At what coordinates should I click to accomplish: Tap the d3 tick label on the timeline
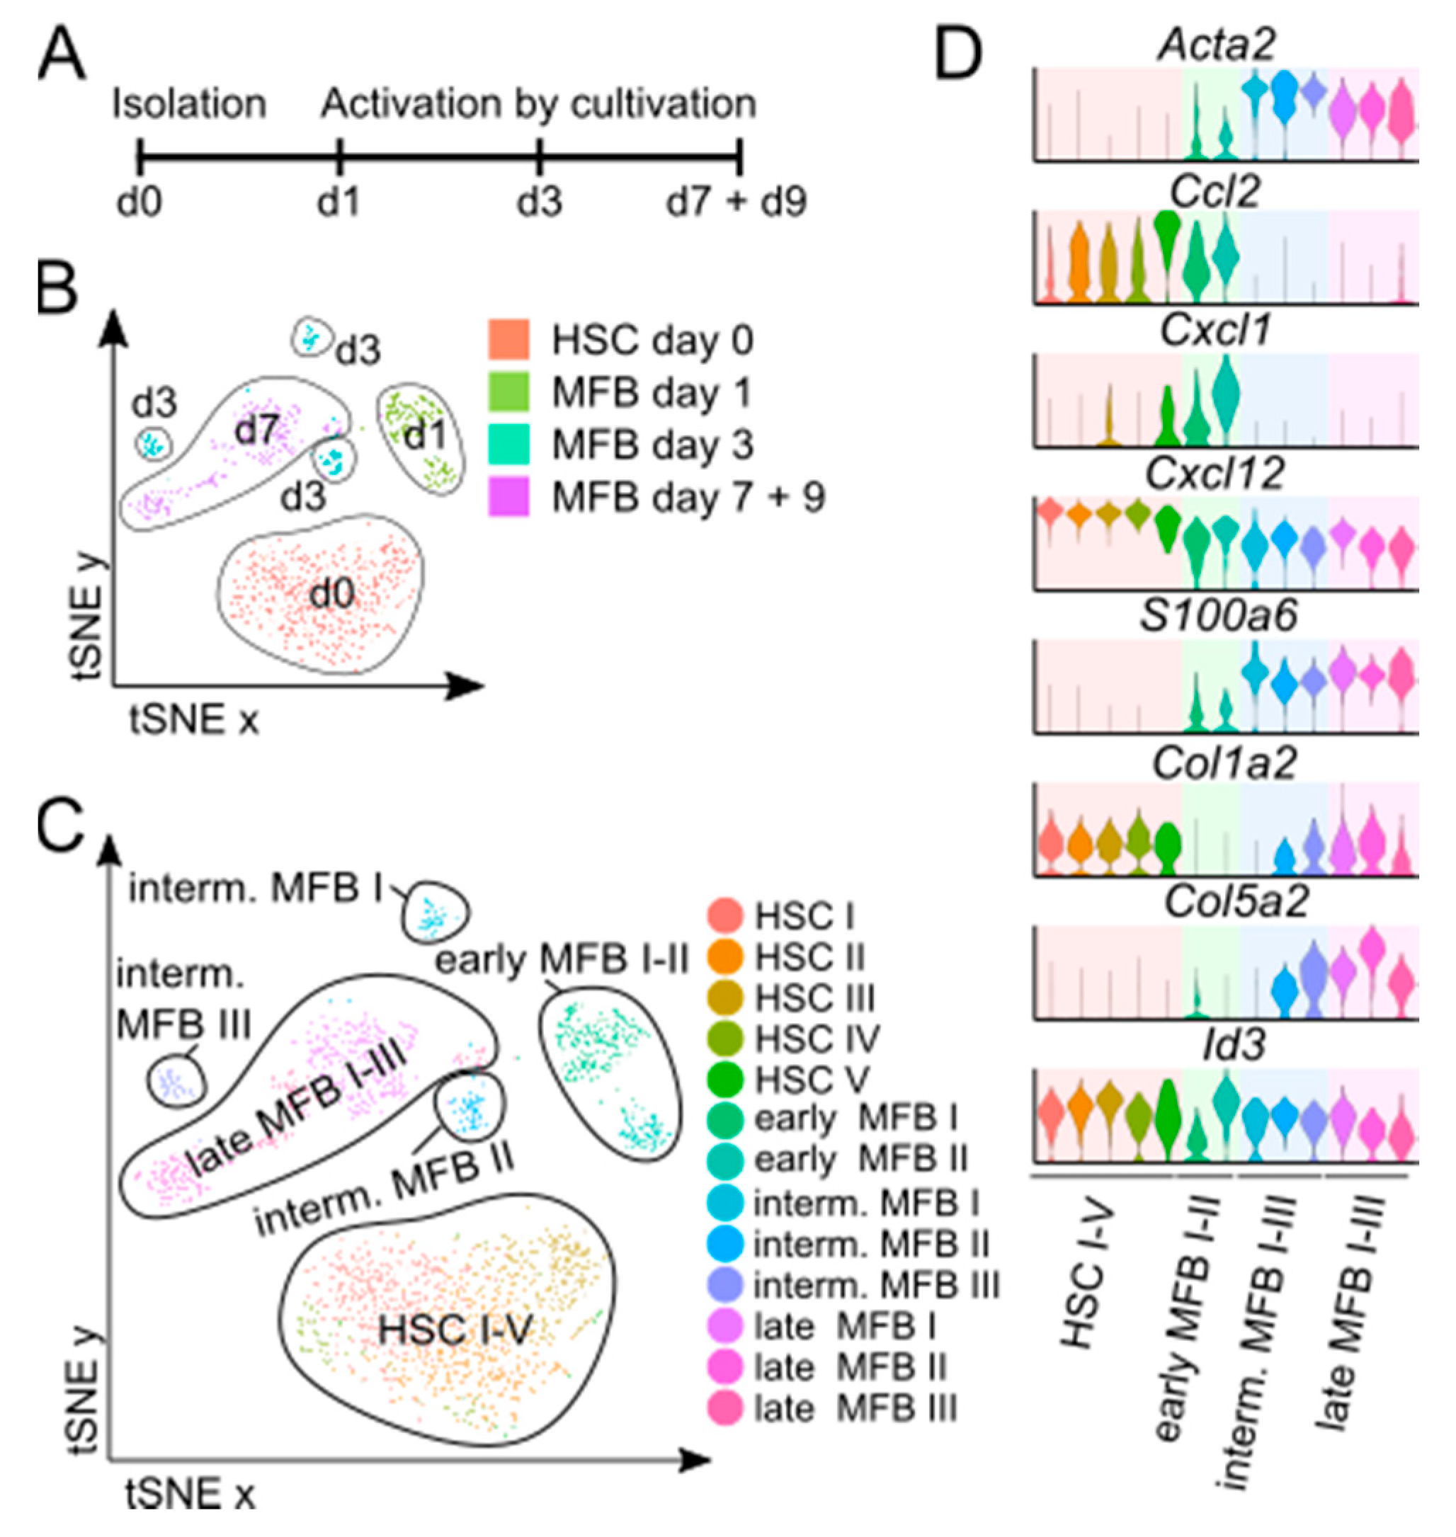pyautogui.click(x=540, y=202)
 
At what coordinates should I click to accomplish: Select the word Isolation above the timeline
pyautogui.click(x=189, y=104)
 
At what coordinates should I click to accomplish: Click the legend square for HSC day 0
pyautogui.click(x=509, y=340)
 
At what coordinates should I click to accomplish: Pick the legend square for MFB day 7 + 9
pyautogui.click(x=509, y=496)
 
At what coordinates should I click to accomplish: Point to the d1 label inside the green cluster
pyautogui.click(x=426, y=436)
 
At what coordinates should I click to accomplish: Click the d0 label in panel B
pyautogui.click(x=332, y=594)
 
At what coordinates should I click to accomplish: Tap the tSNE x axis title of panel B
pyautogui.click(x=194, y=720)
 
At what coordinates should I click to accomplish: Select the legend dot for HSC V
pyautogui.click(x=725, y=1078)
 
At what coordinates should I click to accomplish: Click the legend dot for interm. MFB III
pyautogui.click(x=725, y=1286)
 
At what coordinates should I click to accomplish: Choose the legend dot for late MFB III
pyautogui.click(x=725, y=1408)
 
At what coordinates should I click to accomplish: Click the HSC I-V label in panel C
pyautogui.click(x=455, y=1330)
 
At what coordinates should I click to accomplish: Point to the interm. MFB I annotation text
pyautogui.click(x=256, y=889)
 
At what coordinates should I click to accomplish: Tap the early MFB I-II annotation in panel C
pyautogui.click(x=562, y=961)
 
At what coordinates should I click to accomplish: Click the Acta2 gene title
pyautogui.click(x=1216, y=45)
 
